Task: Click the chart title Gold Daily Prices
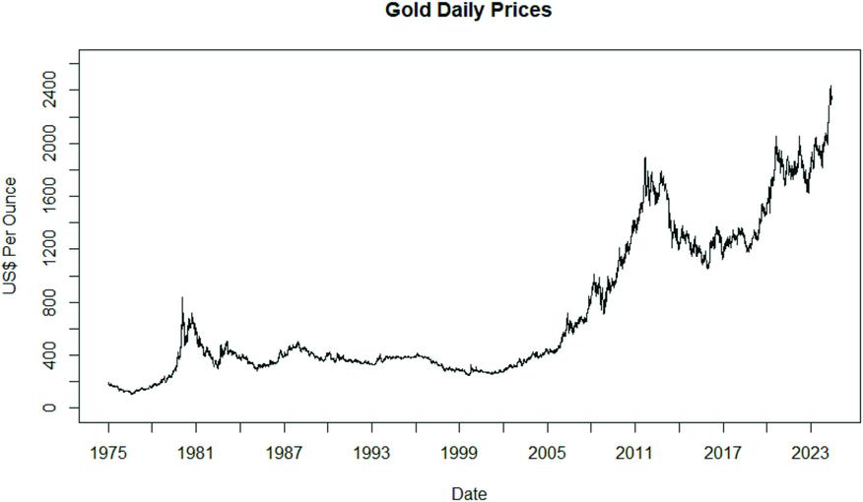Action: tap(468, 11)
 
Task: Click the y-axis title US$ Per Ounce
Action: tap(11, 234)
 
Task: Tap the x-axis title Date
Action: tap(468, 493)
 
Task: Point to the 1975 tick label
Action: tap(108, 453)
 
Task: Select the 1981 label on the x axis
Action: tap(195, 453)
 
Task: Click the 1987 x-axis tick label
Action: tap(284, 453)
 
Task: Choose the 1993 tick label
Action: tap(371, 453)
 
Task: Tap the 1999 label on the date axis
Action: tap(459, 453)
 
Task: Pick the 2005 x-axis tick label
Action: tap(547, 453)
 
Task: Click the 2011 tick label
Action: tap(634, 453)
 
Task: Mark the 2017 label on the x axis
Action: tap(723, 453)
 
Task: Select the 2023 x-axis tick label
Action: tap(811, 453)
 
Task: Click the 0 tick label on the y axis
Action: tap(48, 408)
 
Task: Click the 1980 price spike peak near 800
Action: tap(181, 297)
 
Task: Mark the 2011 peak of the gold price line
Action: tap(644, 157)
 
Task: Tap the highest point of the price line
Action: tap(830, 87)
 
